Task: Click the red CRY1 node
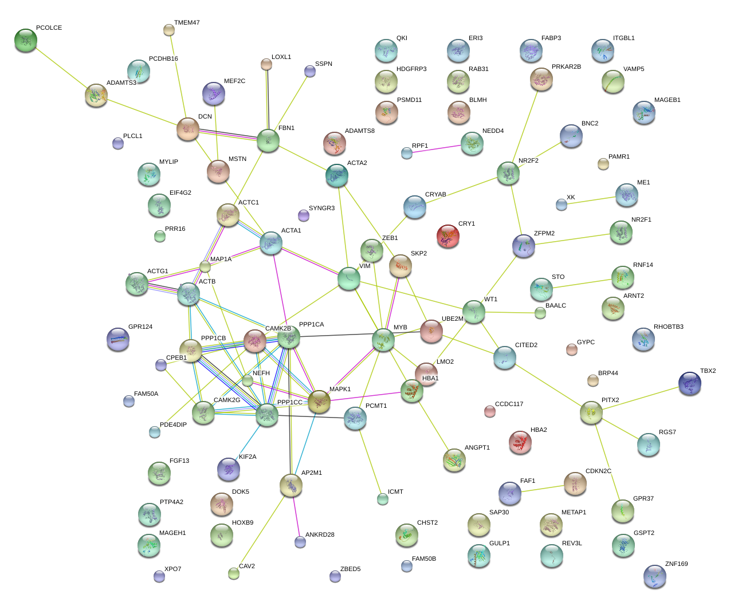pos(448,235)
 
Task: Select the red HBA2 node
pos(520,442)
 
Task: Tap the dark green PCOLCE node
pos(26,40)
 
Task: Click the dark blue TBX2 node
pos(690,383)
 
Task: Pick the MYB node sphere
pos(383,340)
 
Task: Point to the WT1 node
pos(474,312)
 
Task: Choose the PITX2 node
pos(591,412)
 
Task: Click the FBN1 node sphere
pos(268,140)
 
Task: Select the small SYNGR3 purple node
pos(304,215)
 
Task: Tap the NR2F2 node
pos(508,173)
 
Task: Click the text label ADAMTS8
pos(359,131)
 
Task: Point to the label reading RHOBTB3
pos(668,327)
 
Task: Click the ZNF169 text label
pos(676,564)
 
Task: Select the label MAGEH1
pos(172,533)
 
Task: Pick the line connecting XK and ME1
pos(594,200)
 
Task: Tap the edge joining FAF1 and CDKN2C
pos(542,489)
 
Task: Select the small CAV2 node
pos(233,573)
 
